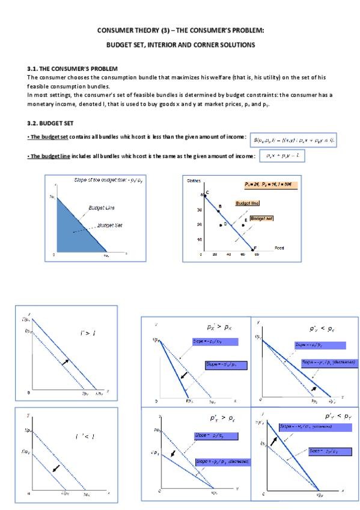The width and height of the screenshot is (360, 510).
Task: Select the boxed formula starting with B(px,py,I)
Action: (x=293, y=139)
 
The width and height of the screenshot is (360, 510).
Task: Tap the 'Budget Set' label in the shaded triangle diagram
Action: (x=109, y=226)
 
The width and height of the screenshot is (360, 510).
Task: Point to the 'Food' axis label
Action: (x=279, y=247)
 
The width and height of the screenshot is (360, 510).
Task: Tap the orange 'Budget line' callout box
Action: (x=247, y=203)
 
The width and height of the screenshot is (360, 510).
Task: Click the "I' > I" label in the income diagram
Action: (x=88, y=333)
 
